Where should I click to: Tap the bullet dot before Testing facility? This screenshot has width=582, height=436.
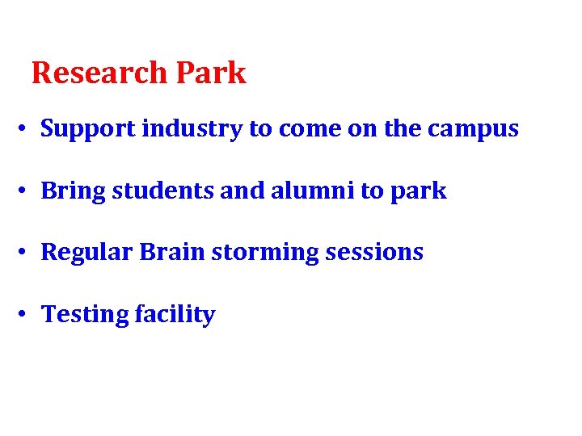coord(26,315)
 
